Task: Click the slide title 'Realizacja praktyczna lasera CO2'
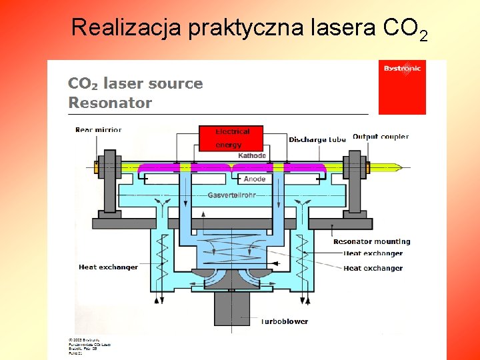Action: (248, 28)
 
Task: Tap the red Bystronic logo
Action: (402, 87)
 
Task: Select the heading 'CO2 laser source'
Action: (135, 84)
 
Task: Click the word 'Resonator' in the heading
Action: (110, 103)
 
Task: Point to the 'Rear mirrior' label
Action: (99, 129)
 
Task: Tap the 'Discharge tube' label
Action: (317, 139)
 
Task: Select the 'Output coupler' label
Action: (381, 137)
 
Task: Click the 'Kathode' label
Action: (252, 155)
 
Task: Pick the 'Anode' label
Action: (255, 179)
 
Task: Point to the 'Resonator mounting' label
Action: (372, 241)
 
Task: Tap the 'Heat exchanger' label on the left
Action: (108, 267)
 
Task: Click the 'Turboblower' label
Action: (284, 321)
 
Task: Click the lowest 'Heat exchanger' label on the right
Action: (373, 268)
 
